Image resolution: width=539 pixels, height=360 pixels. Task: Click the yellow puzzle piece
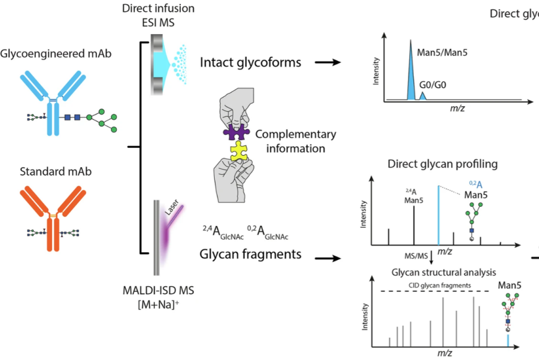(238, 152)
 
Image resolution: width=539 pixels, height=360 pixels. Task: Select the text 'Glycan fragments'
(250, 253)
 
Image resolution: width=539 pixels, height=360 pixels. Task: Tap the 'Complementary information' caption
(295, 141)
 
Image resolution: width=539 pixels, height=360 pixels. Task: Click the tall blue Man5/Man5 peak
(410, 72)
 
